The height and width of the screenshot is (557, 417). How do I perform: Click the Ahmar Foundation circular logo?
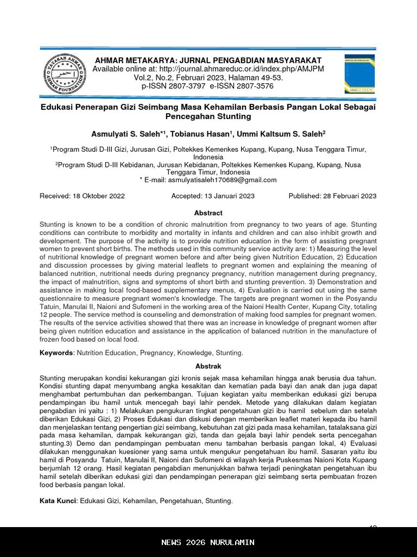64,74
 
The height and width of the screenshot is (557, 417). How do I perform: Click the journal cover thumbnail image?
359,74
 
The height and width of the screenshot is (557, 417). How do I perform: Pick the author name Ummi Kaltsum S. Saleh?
275,134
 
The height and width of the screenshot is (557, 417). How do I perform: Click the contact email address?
222,180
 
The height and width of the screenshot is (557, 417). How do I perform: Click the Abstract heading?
208,213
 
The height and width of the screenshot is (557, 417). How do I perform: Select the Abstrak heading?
208,367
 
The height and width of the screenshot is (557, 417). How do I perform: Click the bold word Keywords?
56,353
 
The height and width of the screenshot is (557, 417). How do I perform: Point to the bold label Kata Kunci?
58,501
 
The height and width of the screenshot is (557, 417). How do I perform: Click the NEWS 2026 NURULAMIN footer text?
208,542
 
